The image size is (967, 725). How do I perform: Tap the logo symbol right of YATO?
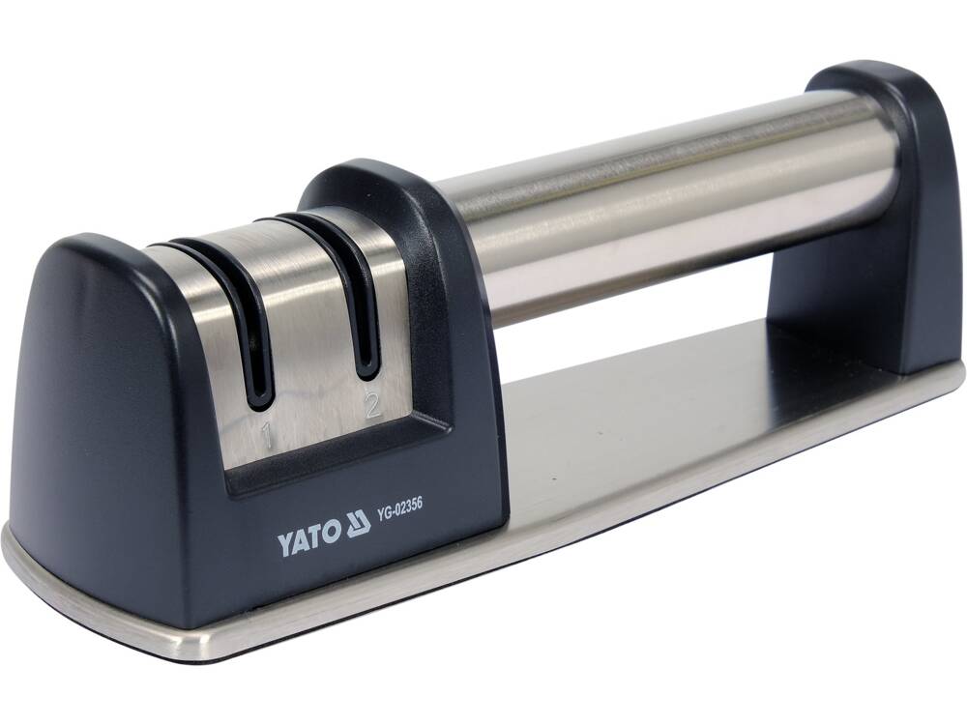pos(358,525)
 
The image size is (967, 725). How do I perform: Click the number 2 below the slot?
pos(372,405)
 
